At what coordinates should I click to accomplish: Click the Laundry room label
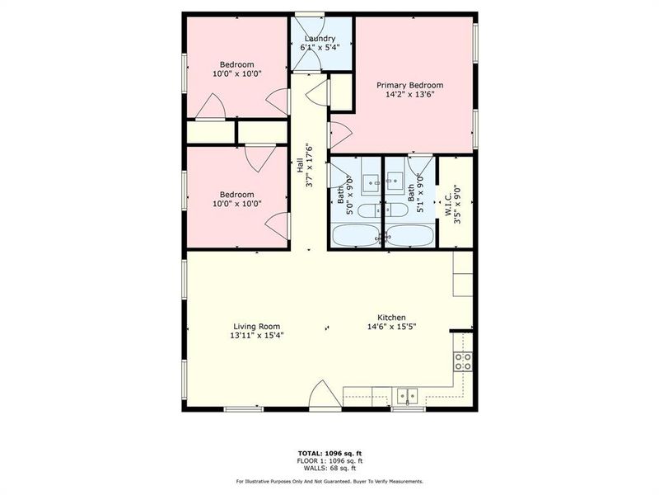(320, 39)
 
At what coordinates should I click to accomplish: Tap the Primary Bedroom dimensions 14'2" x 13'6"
(409, 95)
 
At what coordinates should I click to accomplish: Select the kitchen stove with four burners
(463, 361)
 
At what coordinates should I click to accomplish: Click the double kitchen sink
(406, 394)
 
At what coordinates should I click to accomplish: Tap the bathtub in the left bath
(356, 235)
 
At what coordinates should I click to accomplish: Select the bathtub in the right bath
(409, 235)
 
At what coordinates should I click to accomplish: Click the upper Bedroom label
(236, 64)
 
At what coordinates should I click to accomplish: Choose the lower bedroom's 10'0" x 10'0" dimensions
(236, 204)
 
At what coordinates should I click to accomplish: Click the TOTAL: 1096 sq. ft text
(329, 453)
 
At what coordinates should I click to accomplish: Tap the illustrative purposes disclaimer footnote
(329, 481)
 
